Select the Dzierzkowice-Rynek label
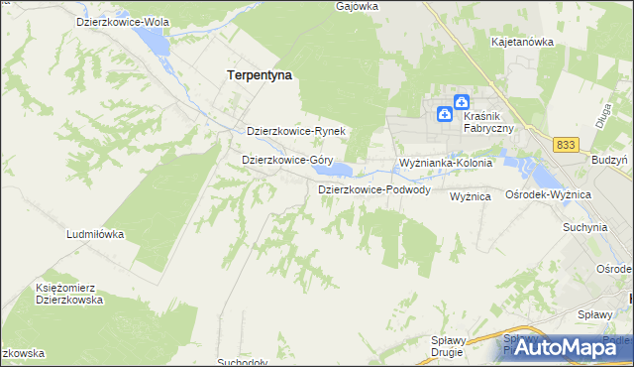[295, 131]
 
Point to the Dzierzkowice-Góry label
[287, 159]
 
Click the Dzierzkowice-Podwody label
[373, 189]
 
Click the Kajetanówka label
[522, 43]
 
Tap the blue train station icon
[462, 101]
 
